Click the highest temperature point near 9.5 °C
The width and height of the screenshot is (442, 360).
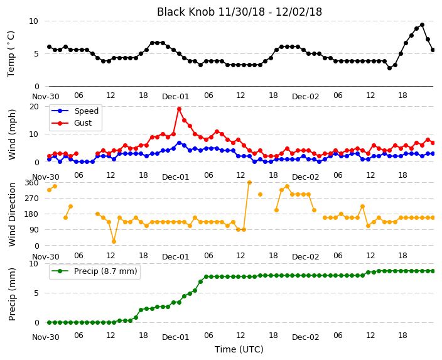click(422, 25)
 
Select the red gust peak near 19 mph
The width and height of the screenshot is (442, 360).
click(179, 109)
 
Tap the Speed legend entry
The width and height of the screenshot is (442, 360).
click(75, 111)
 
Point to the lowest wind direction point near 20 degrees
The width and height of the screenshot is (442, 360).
click(114, 241)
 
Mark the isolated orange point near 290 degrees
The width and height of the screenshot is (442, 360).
click(260, 194)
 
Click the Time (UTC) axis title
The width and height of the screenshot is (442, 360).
click(239, 349)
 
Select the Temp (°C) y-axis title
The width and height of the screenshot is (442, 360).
click(11, 54)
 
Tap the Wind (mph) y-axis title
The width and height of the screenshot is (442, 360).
click(12, 134)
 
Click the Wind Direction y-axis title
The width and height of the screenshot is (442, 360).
click(12, 214)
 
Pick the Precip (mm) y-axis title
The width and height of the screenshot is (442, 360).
click(12, 294)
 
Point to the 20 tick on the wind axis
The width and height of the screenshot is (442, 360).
click(34, 107)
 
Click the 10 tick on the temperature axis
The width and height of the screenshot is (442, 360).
click(33, 21)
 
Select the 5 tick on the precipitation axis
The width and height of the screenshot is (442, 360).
click(36, 293)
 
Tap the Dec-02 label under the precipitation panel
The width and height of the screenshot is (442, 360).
click(305, 337)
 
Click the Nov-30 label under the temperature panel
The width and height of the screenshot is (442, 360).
click(46, 97)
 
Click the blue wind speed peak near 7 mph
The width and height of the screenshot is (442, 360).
click(179, 143)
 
